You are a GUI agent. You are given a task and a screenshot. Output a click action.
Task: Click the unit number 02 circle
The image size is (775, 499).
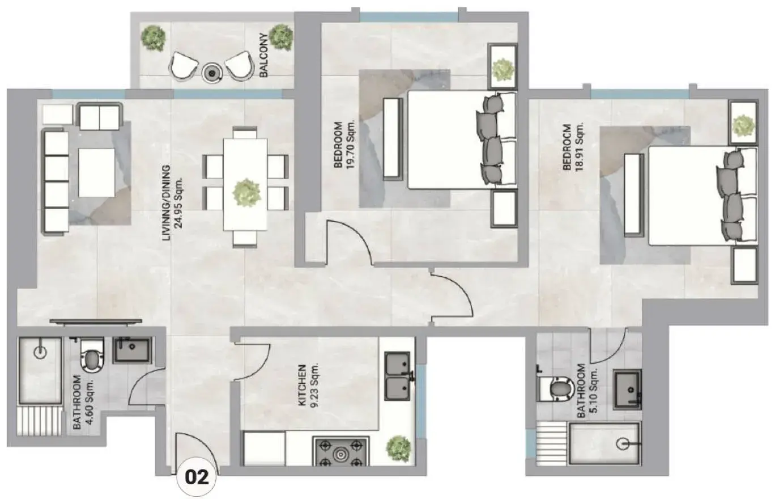pos(197,478)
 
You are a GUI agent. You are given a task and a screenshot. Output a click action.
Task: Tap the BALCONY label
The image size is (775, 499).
pos(263,56)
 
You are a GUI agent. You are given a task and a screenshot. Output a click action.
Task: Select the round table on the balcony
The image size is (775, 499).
pos(211,73)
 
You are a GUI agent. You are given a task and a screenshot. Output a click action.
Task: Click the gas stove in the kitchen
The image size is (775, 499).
pos(341,451)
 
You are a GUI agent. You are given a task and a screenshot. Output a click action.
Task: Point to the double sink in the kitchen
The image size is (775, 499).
pos(398,377)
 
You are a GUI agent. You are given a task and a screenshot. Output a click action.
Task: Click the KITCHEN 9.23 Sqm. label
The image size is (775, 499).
pos(308,386)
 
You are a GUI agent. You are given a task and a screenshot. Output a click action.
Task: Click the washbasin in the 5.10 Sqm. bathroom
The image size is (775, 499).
pos(627,390)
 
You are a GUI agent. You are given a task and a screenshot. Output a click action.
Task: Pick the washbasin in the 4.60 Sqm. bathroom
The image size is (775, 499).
pos(133,350)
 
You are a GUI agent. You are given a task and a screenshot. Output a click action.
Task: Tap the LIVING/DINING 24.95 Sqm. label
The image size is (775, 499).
pos(172,203)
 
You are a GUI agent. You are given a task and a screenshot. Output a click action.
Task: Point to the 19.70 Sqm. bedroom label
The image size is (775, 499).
pos(344,145)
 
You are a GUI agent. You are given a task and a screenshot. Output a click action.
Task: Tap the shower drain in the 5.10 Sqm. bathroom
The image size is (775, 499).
pos(622,443)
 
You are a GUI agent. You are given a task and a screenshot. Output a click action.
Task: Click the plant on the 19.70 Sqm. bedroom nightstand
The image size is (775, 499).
pos(503,70)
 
